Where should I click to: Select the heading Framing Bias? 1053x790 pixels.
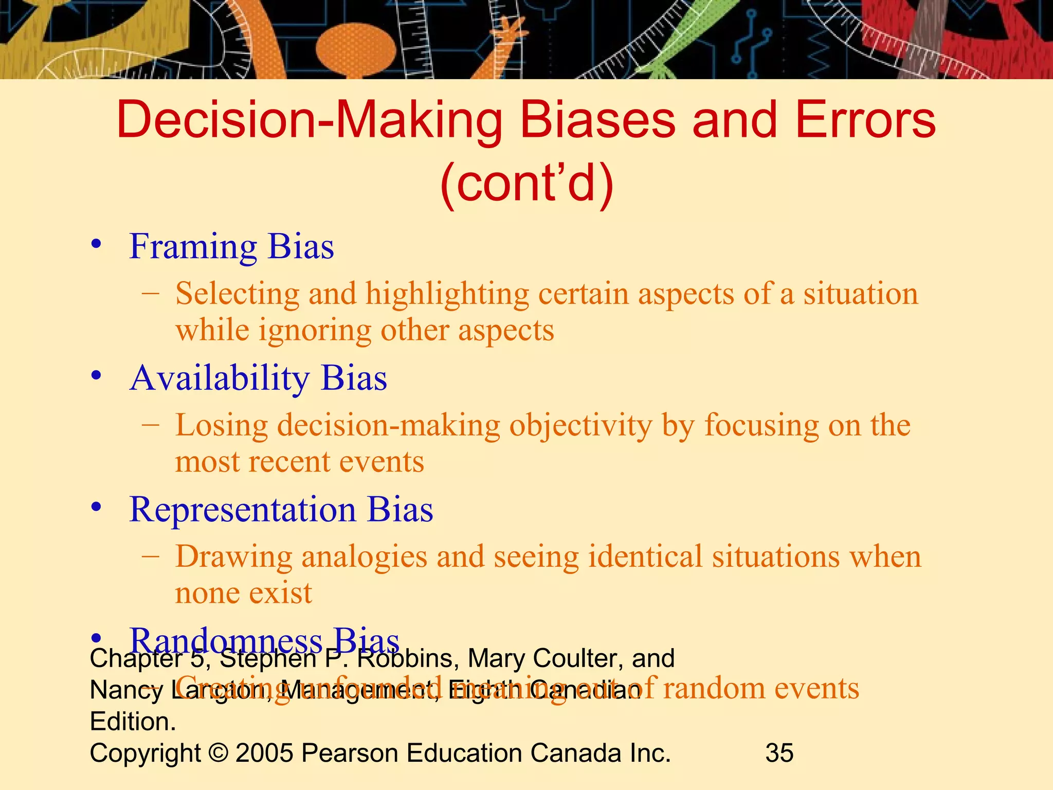click(x=231, y=247)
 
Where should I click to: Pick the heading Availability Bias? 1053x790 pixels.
click(x=258, y=379)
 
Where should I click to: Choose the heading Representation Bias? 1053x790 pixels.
click(x=281, y=510)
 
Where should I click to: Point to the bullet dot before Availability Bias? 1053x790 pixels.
click(x=96, y=376)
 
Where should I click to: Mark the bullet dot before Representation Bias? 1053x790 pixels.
click(x=96, y=508)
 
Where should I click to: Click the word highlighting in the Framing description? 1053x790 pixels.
click(x=447, y=295)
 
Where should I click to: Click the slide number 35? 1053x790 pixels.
click(x=779, y=753)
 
